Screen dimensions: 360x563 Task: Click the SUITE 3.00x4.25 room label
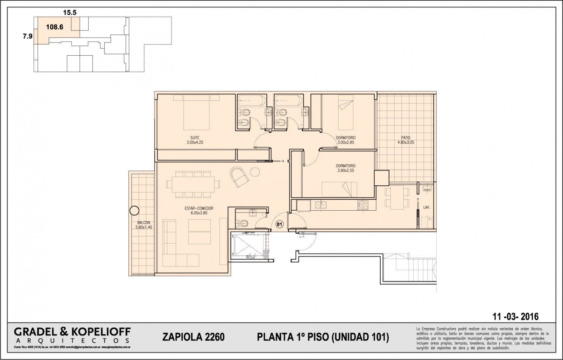(x=195, y=140)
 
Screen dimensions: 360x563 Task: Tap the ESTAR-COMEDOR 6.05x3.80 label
(x=199, y=211)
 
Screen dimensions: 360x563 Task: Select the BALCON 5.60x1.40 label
(x=144, y=225)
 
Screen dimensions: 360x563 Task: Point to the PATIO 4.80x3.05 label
(x=406, y=140)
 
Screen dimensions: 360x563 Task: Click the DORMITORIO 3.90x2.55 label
(x=345, y=168)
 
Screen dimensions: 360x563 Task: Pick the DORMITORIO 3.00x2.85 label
(x=345, y=140)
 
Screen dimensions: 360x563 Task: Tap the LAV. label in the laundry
(x=427, y=208)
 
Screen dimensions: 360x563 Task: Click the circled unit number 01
(x=279, y=224)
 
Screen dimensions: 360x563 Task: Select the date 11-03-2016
(x=515, y=316)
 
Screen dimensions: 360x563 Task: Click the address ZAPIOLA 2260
(x=193, y=337)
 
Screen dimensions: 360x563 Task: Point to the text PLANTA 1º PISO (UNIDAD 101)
(x=323, y=337)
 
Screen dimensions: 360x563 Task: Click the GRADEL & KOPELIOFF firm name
(x=72, y=332)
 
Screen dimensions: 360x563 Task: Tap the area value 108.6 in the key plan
(x=55, y=27)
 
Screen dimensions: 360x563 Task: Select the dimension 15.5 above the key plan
(x=69, y=13)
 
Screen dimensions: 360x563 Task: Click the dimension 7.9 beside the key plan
(x=27, y=37)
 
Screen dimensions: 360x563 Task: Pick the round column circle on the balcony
(x=134, y=210)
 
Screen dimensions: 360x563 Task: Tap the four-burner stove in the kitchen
(x=362, y=205)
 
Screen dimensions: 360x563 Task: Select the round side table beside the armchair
(x=255, y=172)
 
